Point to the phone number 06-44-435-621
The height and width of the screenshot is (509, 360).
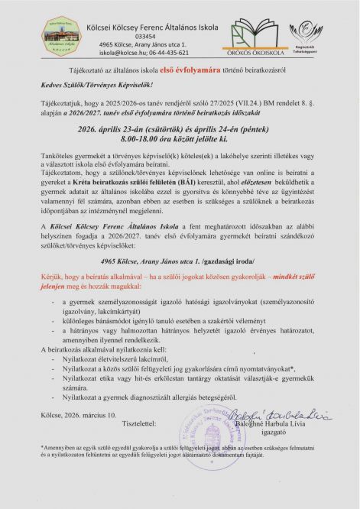pyautogui.click(x=170, y=54)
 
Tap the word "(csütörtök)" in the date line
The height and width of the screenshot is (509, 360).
pyautogui.click(x=170, y=131)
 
